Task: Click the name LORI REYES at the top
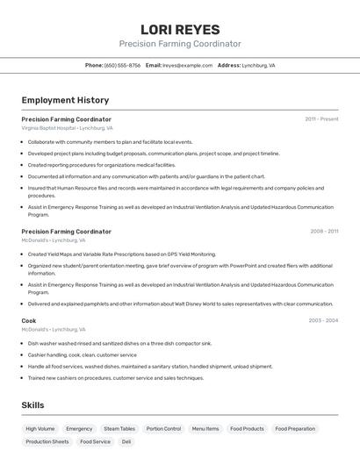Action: [x=180, y=29]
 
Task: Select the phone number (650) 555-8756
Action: [x=122, y=65]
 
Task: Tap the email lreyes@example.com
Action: [x=187, y=65]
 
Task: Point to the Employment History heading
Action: [x=65, y=100]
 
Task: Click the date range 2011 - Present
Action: [x=321, y=119]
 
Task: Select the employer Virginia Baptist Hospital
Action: [x=48, y=128]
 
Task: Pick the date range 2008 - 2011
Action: [x=324, y=232]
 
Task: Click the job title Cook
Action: [x=29, y=321]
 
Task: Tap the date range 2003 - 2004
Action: [x=323, y=321]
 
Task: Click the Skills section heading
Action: [x=32, y=405]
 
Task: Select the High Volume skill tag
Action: [x=40, y=429]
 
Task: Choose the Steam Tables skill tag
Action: [x=119, y=429]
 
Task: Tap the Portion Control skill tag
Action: [x=163, y=429]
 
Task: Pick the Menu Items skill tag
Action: [x=205, y=429]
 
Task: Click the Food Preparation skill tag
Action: [x=295, y=429]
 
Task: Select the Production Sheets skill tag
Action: [x=47, y=442]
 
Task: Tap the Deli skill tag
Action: [x=126, y=442]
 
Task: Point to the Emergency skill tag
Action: [x=79, y=429]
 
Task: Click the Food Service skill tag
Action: [x=95, y=442]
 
